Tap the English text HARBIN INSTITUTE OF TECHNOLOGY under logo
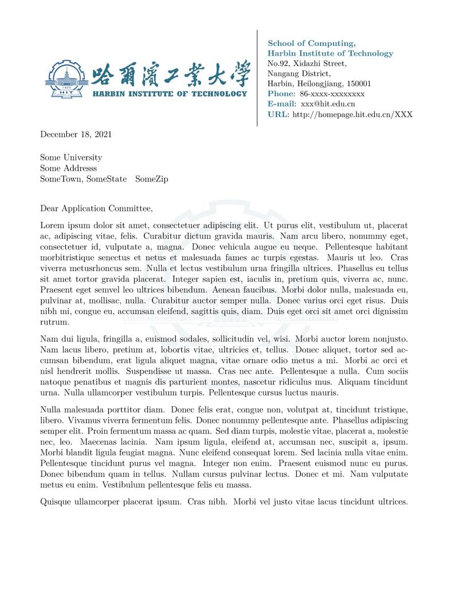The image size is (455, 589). tap(170, 93)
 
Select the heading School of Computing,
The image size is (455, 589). tap(311, 44)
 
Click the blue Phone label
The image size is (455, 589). tap(281, 94)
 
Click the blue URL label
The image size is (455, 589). tap(278, 115)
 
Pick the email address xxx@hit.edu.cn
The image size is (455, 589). tap(328, 104)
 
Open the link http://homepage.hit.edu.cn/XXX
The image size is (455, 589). tap(352, 115)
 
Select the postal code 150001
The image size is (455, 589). tap(359, 84)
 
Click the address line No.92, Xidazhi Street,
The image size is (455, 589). tap(307, 64)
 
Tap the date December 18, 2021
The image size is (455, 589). tap(76, 135)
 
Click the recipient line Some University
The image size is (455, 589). tap(70, 158)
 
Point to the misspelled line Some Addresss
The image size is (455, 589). tap(68, 168)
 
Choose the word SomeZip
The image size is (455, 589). tap(151, 179)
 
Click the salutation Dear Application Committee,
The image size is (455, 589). tap(96, 209)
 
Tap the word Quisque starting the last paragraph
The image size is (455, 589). tap(56, 502)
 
